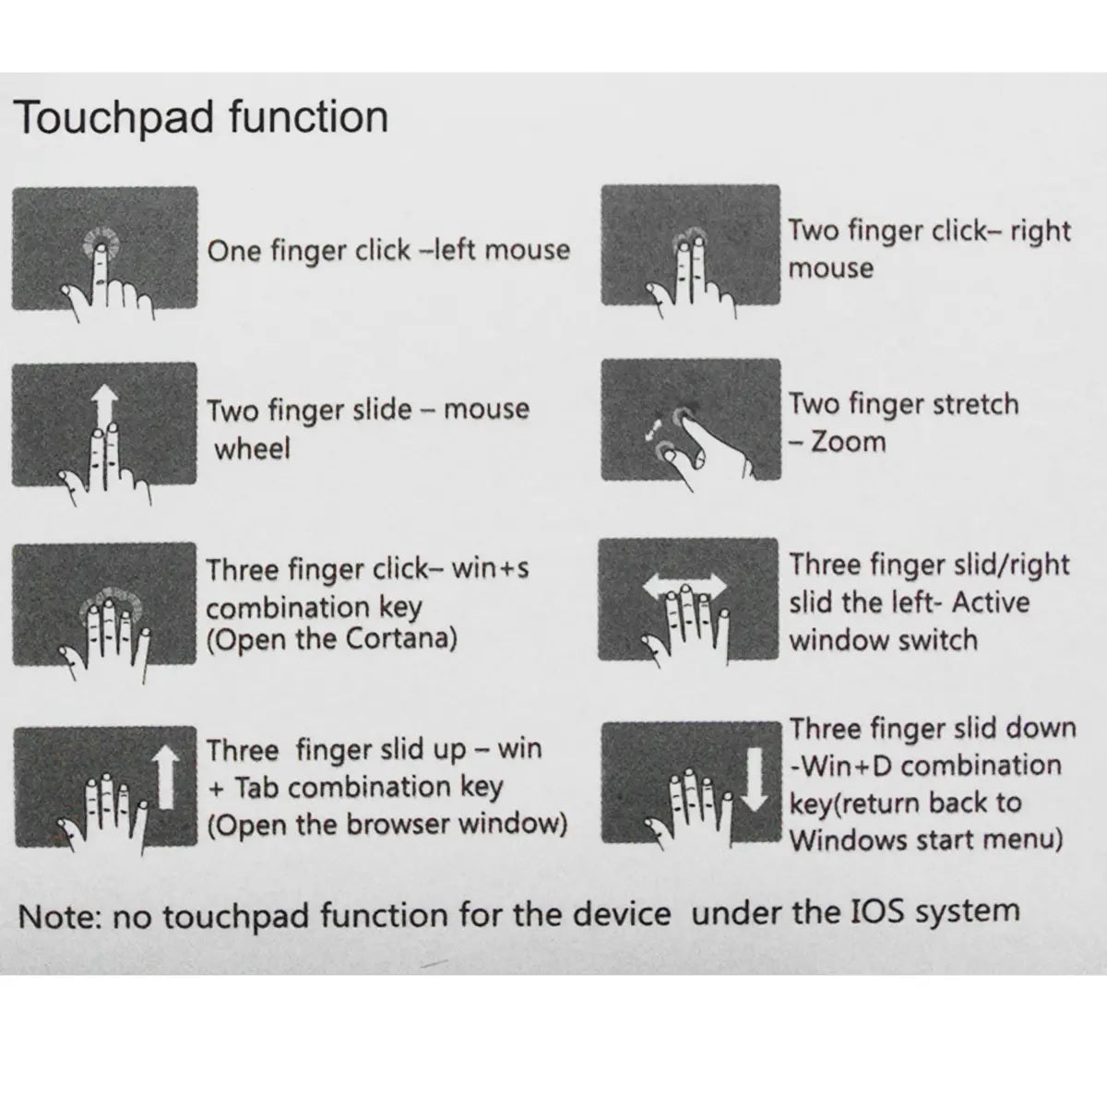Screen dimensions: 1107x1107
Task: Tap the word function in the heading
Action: (x=308, y=116)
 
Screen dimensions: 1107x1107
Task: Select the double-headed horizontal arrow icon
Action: (x=684, y=587)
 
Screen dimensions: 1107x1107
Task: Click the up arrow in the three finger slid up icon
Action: (x=165, y=778)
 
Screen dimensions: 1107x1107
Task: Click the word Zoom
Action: (x=848, y=443)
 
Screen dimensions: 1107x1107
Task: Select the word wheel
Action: (x=252, y=448)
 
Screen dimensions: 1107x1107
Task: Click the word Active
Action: (x=991, y=602)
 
